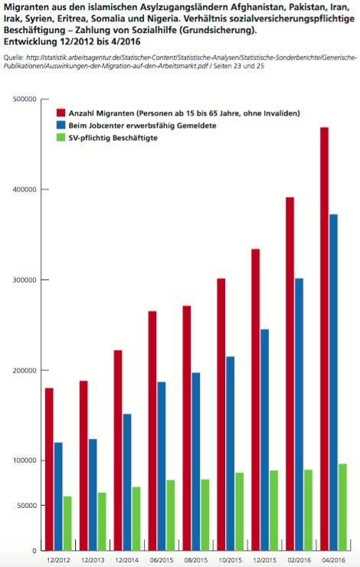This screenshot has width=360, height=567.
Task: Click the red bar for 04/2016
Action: (324, 339)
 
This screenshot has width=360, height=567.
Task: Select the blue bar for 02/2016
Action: (299, 415)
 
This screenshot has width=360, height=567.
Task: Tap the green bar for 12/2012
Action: (67, 523)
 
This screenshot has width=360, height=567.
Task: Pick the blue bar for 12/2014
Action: (127, 483)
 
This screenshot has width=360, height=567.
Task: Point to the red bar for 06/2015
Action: (152, 431)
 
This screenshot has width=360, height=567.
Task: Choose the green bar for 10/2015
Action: (239, 512)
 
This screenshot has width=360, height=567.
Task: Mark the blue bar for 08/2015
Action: (195, 462)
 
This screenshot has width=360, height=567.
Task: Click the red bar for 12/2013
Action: (83, 466)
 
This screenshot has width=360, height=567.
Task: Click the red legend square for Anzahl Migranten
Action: (61, 113)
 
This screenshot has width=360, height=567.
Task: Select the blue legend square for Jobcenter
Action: (61, 125)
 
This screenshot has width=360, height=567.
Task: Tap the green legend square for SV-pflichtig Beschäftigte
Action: (61, 137)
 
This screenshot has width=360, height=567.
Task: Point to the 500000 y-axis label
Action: (25, 99)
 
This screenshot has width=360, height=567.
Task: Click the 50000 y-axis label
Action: (27, 506)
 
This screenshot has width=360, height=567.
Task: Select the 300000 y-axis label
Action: (25, 280)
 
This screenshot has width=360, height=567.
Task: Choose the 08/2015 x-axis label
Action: (196, 560)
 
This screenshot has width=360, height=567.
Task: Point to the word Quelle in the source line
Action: (14, 58)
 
